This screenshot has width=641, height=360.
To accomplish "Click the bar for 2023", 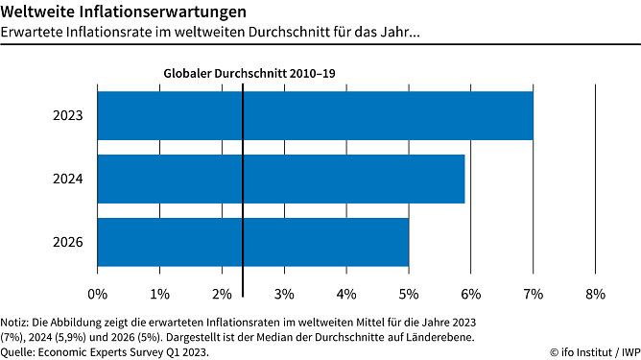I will (315, 115).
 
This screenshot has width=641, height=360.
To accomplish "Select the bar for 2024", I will (281, 179).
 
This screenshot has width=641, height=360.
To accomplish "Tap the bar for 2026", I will (253, 242).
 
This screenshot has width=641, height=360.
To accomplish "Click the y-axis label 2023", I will (68, 116).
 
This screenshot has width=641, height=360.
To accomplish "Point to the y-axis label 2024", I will (68, 180).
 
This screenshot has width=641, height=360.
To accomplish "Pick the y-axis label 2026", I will (68, 243).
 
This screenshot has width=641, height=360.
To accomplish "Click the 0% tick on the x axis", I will (98, 292).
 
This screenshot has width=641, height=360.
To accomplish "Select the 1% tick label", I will (159, 292).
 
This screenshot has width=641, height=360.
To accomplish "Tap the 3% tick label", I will (284, 292).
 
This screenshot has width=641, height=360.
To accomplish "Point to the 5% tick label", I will (409, 292).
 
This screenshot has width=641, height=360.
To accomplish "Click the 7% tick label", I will (534, 292).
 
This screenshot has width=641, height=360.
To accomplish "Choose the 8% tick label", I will (595, 292).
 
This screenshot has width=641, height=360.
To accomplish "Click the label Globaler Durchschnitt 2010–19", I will (249, 73).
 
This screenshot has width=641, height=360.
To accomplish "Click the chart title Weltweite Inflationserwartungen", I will (115, 12).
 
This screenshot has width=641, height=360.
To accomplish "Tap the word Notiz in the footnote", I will (16, 321).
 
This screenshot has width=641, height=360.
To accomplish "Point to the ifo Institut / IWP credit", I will (593, 351).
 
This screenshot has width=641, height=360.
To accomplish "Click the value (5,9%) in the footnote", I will (84, 336).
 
